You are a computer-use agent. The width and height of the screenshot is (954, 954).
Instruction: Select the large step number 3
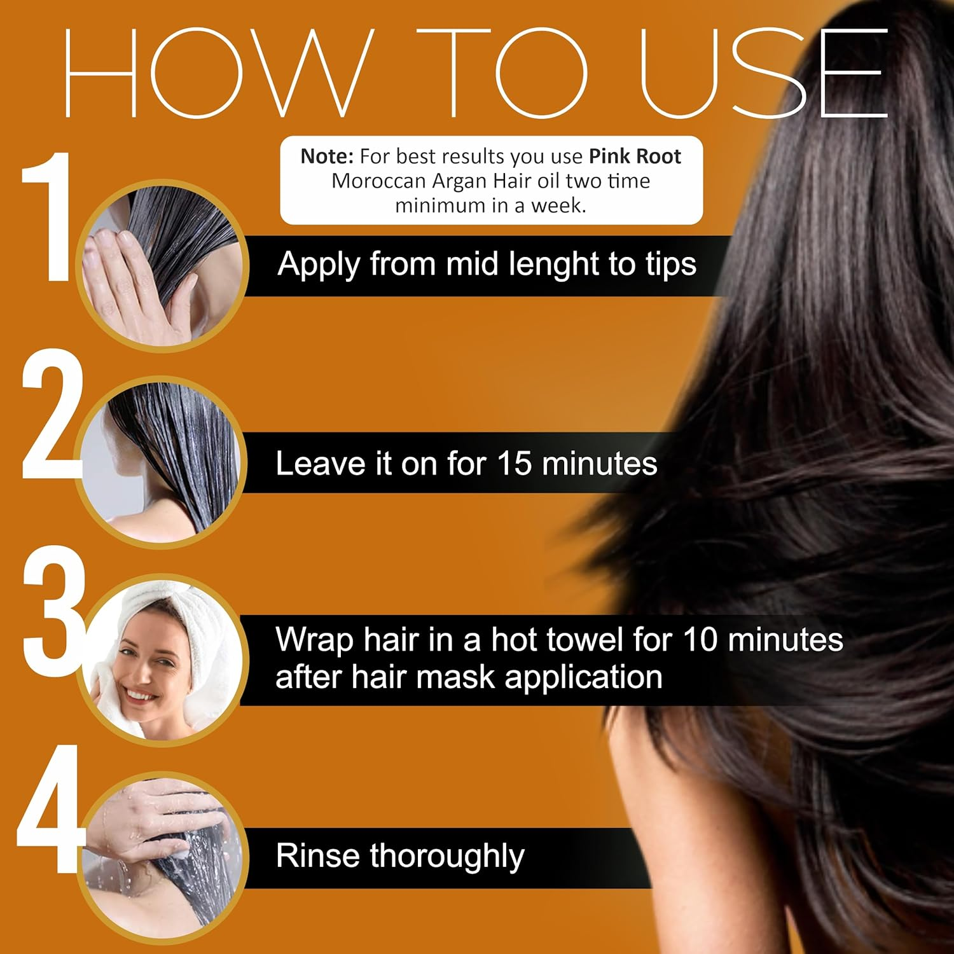coord(53,611)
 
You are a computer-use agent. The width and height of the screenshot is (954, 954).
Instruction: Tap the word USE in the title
coord(763,73)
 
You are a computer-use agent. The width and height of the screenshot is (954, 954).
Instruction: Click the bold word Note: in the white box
coord(327,156)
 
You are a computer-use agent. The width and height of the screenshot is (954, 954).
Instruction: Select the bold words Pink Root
coord(635,156)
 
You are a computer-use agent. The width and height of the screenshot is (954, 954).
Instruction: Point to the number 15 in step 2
coord(514,464)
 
